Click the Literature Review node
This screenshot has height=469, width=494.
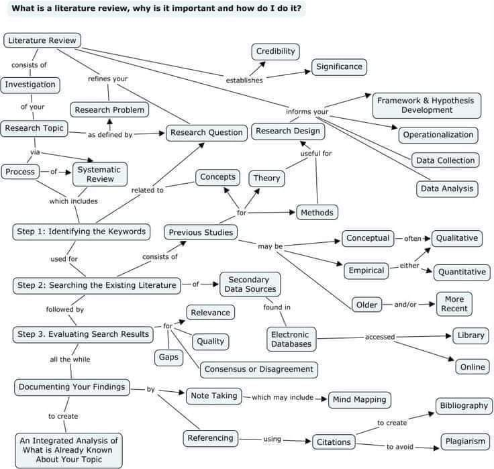(42, 40)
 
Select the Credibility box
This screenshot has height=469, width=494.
(275, 52)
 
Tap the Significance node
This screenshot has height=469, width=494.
(340, 66)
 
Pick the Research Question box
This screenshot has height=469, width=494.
(206, 132)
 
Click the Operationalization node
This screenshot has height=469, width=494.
(438, 135)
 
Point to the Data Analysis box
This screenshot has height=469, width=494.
(447, 189)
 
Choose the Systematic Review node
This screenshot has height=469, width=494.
(99, 174)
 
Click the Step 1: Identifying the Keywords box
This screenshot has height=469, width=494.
(80, 231)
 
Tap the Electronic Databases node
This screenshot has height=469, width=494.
(291, 339)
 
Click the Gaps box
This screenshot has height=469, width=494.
(169, 357)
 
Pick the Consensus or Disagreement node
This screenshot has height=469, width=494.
(258, 369)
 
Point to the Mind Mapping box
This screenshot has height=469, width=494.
(359, 400)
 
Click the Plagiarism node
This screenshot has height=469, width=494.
(464, 441)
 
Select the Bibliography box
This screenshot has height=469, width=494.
(464, 406)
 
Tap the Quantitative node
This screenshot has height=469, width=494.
(461, 272)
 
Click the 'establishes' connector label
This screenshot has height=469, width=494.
(244, 81)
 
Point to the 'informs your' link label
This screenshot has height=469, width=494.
(307, 111)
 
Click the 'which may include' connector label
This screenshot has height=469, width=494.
(283, 397)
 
